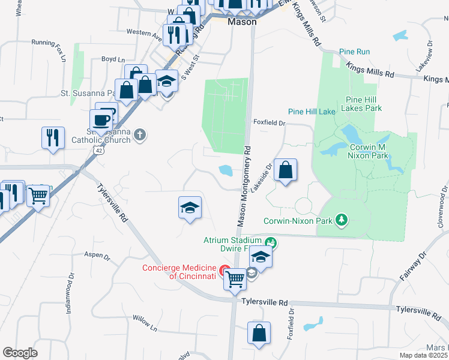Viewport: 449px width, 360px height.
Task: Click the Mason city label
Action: pyautogui.click(x=242, y=22)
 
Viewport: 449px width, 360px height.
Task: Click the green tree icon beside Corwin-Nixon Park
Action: pyautogui.click(x=342, y=220)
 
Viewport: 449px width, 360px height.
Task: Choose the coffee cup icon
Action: pyautogui.click(x=102, y=119)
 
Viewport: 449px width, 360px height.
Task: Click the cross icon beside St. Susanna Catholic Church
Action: pyautogui.click(x=139, y=135)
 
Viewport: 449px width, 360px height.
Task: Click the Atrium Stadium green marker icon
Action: pyautogui.click(x=271, y=242)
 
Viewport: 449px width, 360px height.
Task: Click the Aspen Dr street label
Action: pyautogui.click(x=97, y=256)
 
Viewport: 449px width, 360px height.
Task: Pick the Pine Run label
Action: pyautogui.click(x=354, y=52)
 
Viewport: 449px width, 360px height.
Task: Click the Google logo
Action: pyautogui.click(x=20, y=353)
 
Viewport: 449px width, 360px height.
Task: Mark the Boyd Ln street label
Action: pyautogui.click(x=113, y=59)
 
